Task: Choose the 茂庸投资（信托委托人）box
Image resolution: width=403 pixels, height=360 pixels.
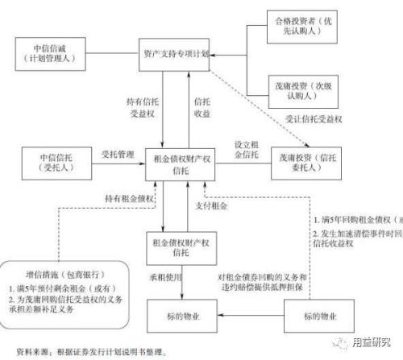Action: (x=305, y=158)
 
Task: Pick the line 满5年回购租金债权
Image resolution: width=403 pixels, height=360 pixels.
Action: (x=355, y=219)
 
